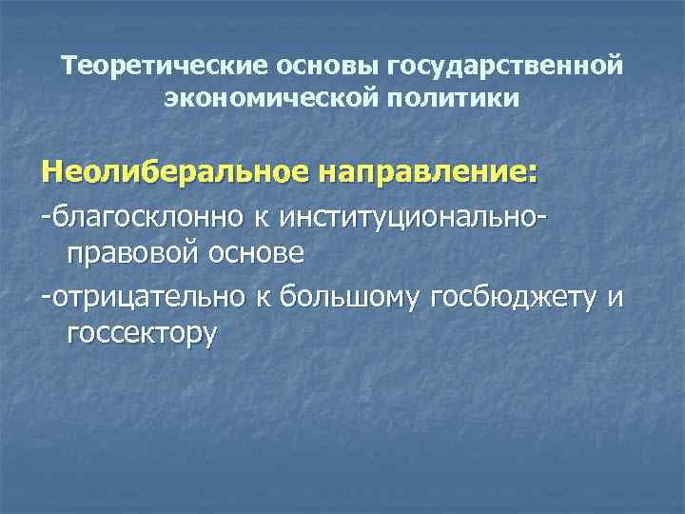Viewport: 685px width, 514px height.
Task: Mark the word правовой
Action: point(137,255)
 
